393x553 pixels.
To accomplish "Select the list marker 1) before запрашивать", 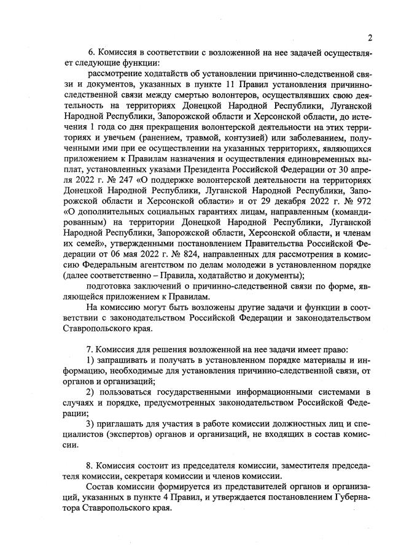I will point(90,360).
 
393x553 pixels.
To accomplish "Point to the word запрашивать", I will point(126,360).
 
